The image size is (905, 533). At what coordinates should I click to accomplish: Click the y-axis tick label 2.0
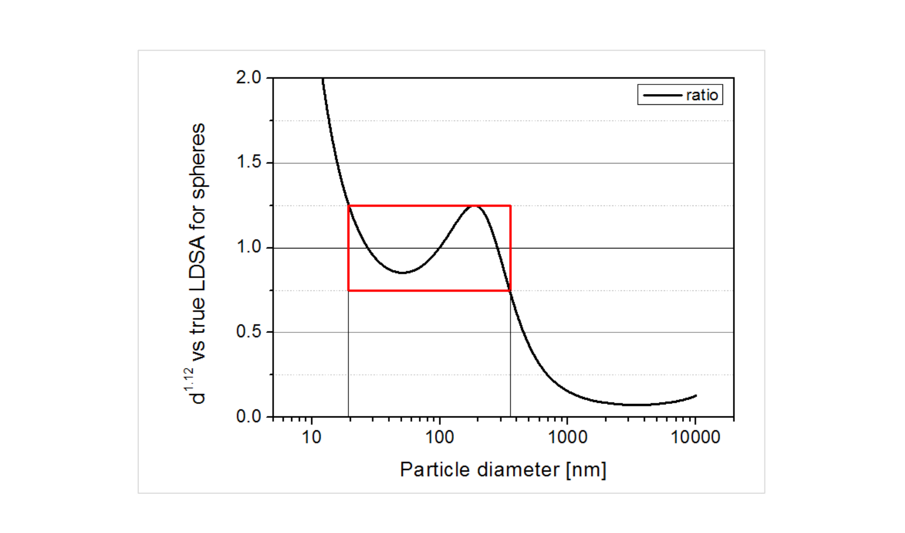(248, 77)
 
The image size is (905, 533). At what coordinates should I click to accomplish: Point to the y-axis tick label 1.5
(248, 162)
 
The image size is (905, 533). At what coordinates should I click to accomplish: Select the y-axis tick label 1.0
(248, 247)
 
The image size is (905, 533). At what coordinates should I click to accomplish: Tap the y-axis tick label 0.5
(248, 332)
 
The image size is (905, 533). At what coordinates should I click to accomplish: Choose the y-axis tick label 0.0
(248, 417)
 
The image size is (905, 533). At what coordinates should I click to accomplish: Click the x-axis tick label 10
(311, 437)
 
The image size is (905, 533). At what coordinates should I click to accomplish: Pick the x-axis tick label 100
(439, 437)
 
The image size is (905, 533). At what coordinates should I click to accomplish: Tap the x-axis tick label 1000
(567, 437)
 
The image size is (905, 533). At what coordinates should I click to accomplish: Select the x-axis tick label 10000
(695, 437)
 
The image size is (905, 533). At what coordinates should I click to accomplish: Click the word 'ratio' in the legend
(702, 95)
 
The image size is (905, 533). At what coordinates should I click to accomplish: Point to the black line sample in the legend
(662, 95)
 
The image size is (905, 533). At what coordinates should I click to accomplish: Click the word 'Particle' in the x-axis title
(434, 470)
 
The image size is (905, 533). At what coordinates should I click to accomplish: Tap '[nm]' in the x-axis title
(586, 470)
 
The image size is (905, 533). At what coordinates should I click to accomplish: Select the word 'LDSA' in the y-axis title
(198, 263)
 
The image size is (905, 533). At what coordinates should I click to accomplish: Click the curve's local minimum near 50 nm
(403, 273)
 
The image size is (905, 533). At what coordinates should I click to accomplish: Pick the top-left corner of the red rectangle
(349, 205)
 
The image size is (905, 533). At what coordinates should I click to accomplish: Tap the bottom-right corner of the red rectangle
(510, 290)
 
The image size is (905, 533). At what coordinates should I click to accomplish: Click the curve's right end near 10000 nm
(696, 396)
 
